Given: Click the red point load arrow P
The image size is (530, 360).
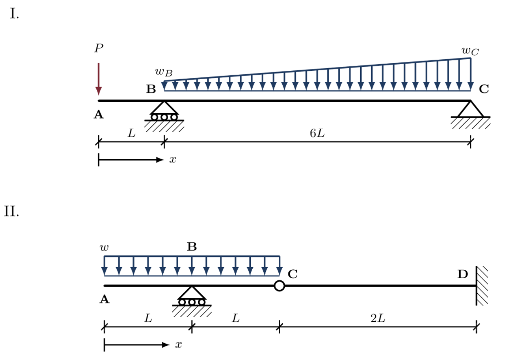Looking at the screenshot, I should [99, 79].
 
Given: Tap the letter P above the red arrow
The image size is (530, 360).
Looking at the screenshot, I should [99, 48].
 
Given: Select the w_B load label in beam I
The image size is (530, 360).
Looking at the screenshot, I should [163, 72].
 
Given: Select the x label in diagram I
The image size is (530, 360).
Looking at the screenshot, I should [173, 160].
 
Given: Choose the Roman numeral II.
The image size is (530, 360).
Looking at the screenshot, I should [12, 211].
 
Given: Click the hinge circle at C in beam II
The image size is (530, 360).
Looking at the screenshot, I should [279, 286].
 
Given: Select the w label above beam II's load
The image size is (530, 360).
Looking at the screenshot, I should [104, 248].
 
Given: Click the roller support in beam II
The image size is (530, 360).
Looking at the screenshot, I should [192, 297].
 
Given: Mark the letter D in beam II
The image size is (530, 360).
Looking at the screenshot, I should [462, 274].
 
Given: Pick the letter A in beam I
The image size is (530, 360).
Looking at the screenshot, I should [99, 115].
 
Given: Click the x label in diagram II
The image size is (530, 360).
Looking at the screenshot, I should [178, 345].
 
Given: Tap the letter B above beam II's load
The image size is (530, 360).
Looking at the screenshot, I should [192, 247].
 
